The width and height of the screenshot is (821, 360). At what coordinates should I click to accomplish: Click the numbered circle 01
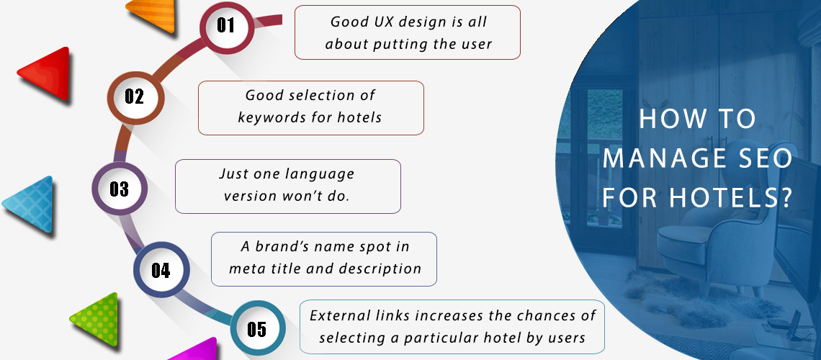click(x=226, y=26)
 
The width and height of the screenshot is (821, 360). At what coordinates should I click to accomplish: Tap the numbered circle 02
click(x=135, y=96)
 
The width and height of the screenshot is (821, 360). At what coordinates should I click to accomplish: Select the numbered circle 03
click(x=119, y=189)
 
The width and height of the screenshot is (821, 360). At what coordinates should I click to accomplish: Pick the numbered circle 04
click(x=161, y=271)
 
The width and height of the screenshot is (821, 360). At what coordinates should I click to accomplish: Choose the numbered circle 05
click(x=256, y=330)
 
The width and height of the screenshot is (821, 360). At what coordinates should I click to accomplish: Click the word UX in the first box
click(x=372, y=22)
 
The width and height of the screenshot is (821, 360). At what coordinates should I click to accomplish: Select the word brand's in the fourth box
click(x=282, y=247)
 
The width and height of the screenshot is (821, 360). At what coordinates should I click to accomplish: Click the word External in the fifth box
click(x=338, y=316)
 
